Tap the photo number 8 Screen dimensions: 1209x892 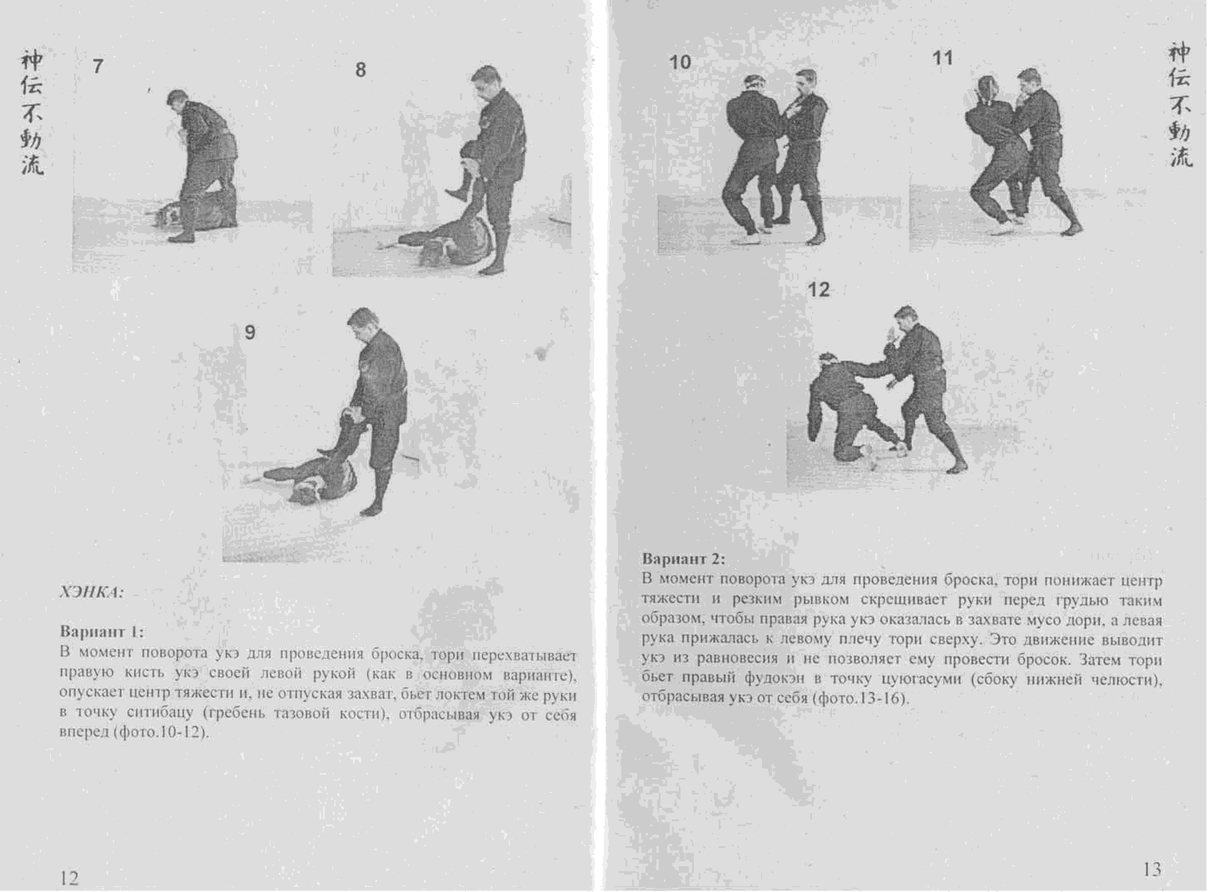360,70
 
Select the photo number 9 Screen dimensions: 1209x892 249,332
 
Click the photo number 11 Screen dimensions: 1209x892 943,58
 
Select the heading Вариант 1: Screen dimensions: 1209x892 102,631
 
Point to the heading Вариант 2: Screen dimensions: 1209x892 683,559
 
